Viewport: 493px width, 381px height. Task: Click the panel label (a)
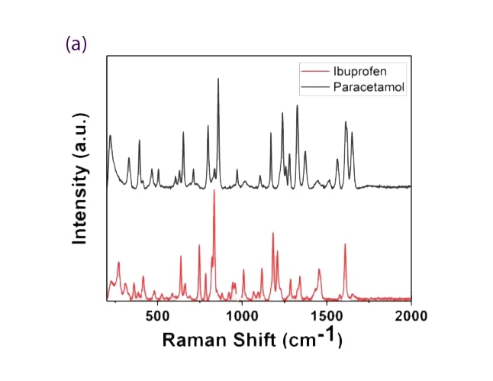pos(76,44)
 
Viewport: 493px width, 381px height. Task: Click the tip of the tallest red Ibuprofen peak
pos(214,190)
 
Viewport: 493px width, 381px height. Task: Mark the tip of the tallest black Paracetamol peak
pos(219,78)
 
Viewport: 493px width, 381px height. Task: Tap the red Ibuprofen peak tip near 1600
pos(345,244)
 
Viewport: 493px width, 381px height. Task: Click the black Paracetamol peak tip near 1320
pos(297,105)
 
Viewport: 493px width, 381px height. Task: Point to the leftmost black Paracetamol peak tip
pos(111,135)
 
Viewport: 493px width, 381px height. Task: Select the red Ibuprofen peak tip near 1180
pos(272,233)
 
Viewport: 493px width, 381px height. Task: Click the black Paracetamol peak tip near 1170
pos(271,133)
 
